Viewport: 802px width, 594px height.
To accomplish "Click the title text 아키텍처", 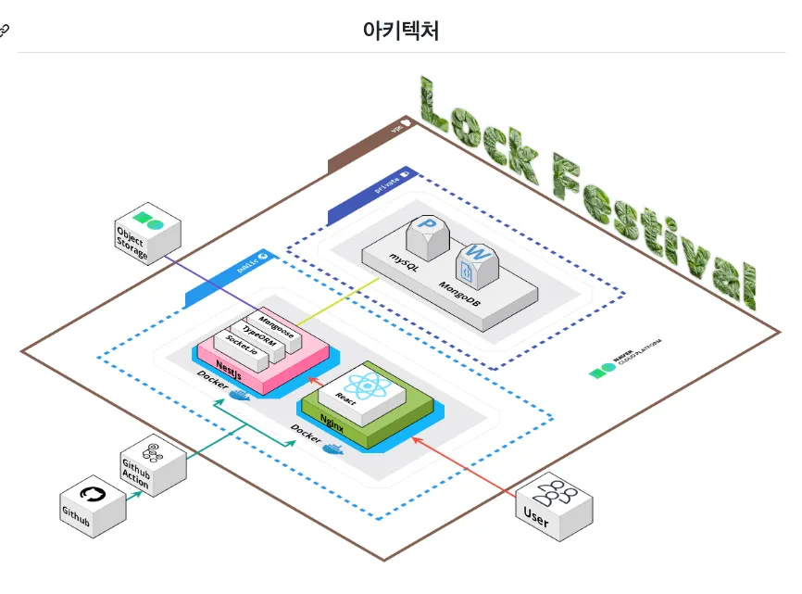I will pos(400,30).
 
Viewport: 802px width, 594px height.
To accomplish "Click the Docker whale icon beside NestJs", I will pos(239,397).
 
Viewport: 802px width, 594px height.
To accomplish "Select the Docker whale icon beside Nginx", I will pos(332,451).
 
